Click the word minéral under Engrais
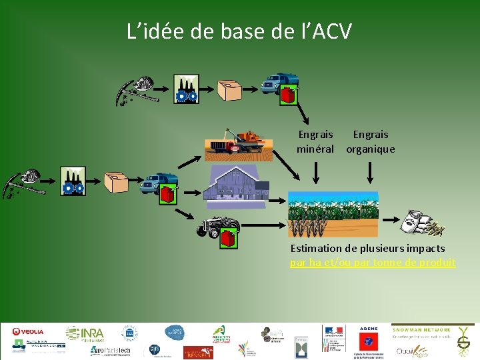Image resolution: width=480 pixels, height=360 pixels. point(315,149)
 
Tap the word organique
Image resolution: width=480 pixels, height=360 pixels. point(370,149)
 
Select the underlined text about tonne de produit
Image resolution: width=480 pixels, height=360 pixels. point(373,263)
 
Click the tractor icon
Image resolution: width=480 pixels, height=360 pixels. point(218,227)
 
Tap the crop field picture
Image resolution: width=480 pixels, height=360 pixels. point(333,213)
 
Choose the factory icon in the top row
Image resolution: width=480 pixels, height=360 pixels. point(186,89)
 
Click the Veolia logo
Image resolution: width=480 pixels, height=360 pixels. point(28,331)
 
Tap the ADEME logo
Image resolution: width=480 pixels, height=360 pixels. point(368,328)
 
